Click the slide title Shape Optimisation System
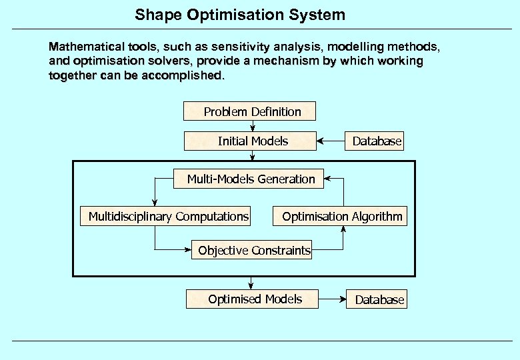pos(240,15)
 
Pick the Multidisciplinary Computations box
pos(168,217)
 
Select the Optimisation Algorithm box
pos(341,217)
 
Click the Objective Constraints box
pos(253,251)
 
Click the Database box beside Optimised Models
pos(377,300)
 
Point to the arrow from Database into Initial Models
pos(330,141)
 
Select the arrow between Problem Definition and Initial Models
pos(253,126)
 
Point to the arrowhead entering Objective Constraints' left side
pos(188,250)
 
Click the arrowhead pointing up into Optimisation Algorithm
pos(343,229)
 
